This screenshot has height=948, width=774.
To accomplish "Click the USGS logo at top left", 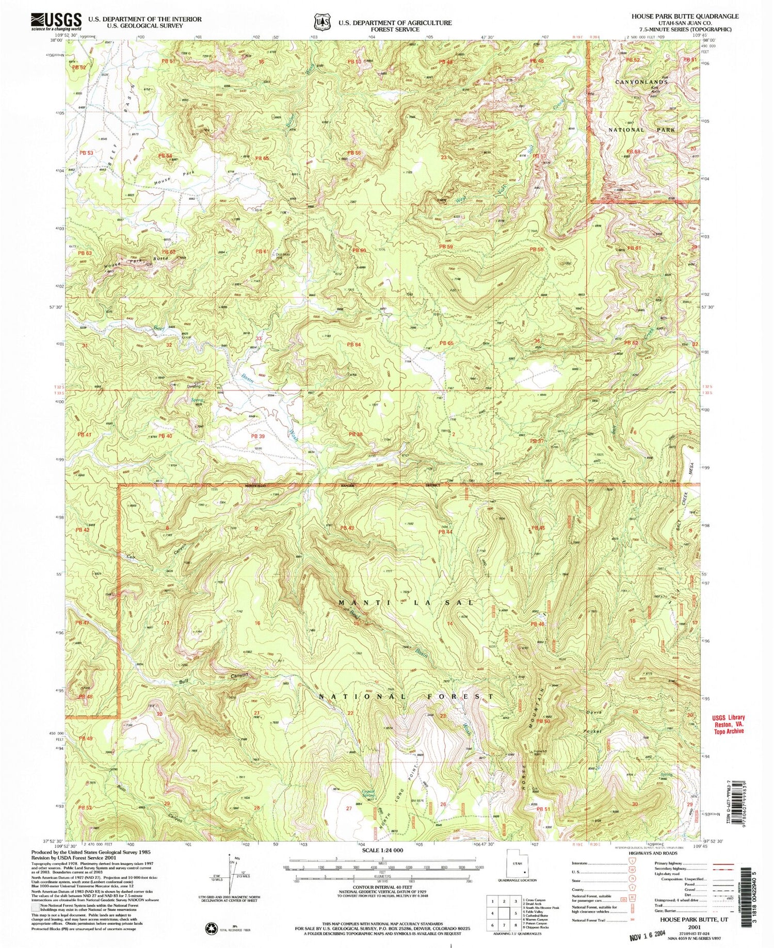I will click(x=56, y=21).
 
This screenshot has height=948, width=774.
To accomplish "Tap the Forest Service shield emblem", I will click(x=320, y=22).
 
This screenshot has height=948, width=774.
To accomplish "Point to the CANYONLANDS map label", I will click(x=638, y=81).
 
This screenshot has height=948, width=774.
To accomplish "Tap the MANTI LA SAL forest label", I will click(x=405, y=602).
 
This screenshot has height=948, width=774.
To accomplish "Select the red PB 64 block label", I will click(x=353, y=344).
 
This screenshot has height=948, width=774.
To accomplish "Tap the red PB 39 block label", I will click(x=257, y=436).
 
